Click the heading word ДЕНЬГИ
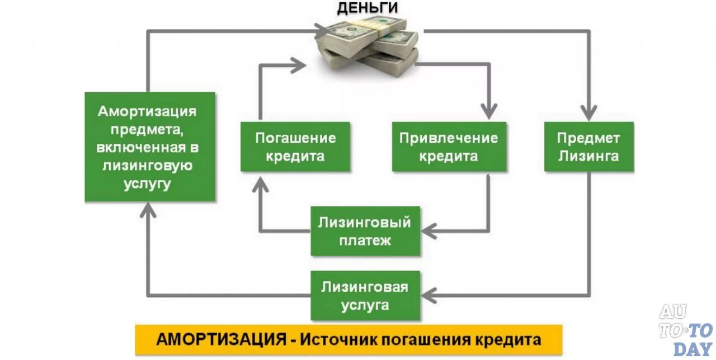(367, 8)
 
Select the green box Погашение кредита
(295, 146)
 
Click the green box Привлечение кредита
(449, 146)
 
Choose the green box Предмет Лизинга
(588, 146)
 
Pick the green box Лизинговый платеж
(365, 231)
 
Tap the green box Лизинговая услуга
(365, 296)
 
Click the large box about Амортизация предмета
(149, 146)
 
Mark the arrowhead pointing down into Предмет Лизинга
(588, 112)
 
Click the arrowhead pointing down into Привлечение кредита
(489, 111)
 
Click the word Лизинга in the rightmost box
(588, 156)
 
